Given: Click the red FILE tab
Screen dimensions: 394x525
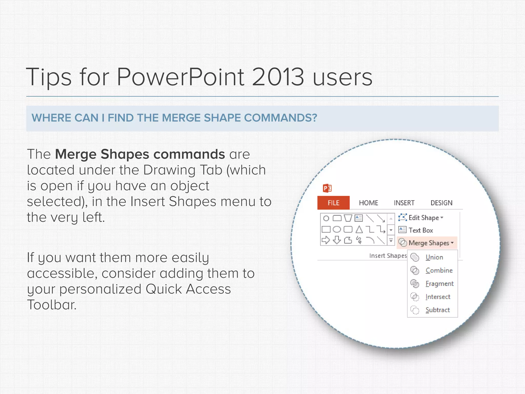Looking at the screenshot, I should coord(333,203).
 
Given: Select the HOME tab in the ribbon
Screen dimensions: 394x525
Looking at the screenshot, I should coord(368,203).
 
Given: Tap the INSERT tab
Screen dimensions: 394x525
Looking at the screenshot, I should coord(404,203).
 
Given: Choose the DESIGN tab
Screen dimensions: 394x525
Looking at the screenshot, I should coord(441,203).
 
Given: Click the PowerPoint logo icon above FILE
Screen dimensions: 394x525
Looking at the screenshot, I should coord(327,188).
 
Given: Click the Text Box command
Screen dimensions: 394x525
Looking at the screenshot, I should coord(420,230).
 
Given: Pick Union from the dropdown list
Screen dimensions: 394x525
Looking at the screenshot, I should coord(434,257).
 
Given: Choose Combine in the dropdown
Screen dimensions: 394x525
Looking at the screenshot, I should coord(439,270).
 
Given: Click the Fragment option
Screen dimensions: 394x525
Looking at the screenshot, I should coord(439,284).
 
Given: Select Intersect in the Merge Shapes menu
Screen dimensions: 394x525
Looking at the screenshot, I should coord(438,297).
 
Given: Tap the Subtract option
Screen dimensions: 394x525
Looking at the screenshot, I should coord(437,310).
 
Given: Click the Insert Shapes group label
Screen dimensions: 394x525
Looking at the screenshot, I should coord(388,256).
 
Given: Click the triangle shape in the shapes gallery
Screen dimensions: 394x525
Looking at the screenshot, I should coord(359,229).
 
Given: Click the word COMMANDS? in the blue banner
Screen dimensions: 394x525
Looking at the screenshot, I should coord(280,118).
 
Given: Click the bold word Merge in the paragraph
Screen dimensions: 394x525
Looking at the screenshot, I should coord(76,154).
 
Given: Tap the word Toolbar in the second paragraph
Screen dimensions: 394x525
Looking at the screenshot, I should coord(52,305).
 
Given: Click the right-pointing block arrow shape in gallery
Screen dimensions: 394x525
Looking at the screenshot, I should coord(326,240).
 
